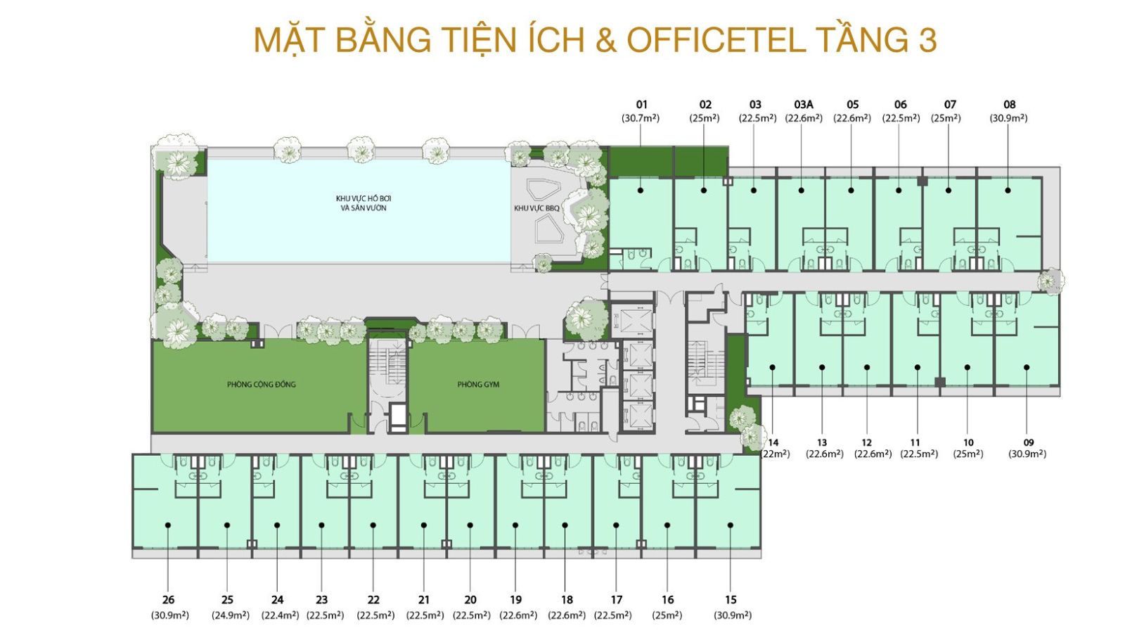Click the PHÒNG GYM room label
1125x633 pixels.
tap(478, 385)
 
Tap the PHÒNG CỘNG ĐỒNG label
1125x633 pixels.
tap(261, 385)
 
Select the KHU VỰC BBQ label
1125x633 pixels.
tap(536, 208)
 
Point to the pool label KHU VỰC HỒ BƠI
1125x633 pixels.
tap(364, 199)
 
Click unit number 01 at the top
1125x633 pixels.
tap(641, 105)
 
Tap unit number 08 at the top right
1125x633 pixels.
tap(1009, 105)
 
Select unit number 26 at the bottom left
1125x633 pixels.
tap(168, 600)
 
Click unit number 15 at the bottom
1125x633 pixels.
tap(731, 600)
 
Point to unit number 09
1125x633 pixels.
tap(1029, 442)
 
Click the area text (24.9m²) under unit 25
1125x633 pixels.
tap(231, 615)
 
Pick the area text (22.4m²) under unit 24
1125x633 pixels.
tap(280, 615)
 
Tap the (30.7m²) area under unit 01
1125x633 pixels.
tap(641, 118)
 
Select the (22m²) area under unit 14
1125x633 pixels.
tap(775, 454)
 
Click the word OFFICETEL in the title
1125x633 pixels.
tap(715, 40)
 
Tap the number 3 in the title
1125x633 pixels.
tap(927, 40)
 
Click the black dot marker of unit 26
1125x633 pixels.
tap(168, 525)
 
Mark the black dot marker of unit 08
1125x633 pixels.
tap(1008, 190)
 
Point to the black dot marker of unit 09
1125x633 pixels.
tap(1027, 367)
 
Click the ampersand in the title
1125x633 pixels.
tap(605, 40)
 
